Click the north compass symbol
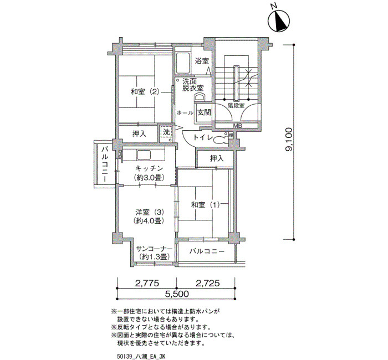(x=279, y=21)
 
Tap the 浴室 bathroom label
(x=202, y=61)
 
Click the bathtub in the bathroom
(x=182, y=63)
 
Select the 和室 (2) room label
(x=145, y=92)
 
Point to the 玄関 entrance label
(x=204, y=112)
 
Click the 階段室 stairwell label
(x=236, y=106)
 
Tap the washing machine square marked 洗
(x=166, y=134)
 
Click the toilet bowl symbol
(x=221, y=140)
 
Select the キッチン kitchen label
(x=149, y=168)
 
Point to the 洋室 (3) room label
(x=150, y=212)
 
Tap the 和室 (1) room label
(x=206, y=205)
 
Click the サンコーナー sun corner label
(x=154, y=249)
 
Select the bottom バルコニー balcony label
(x=207, y=251)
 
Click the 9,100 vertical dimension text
(x=289, y=139)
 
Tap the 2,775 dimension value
(x=147, y=283)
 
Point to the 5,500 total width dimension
(x=177, y=294)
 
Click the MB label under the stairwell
(x=238, y=126)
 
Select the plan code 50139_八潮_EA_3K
(x=141, y=356)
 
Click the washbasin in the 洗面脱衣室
(x=200, y=97)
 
